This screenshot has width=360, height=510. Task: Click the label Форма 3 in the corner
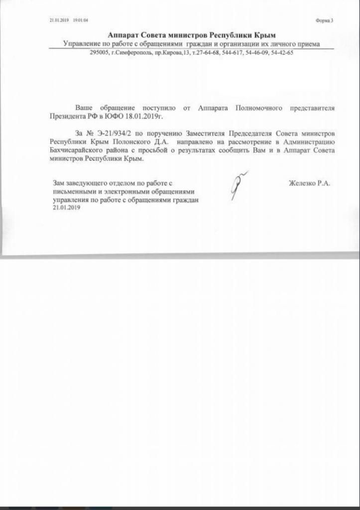coord(324,21)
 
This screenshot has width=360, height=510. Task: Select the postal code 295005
coord(99,53)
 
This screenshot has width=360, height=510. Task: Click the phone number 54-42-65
coord(282,53)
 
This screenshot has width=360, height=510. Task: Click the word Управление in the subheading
coord(82,44)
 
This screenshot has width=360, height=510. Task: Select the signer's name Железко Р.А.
coord(309,183)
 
